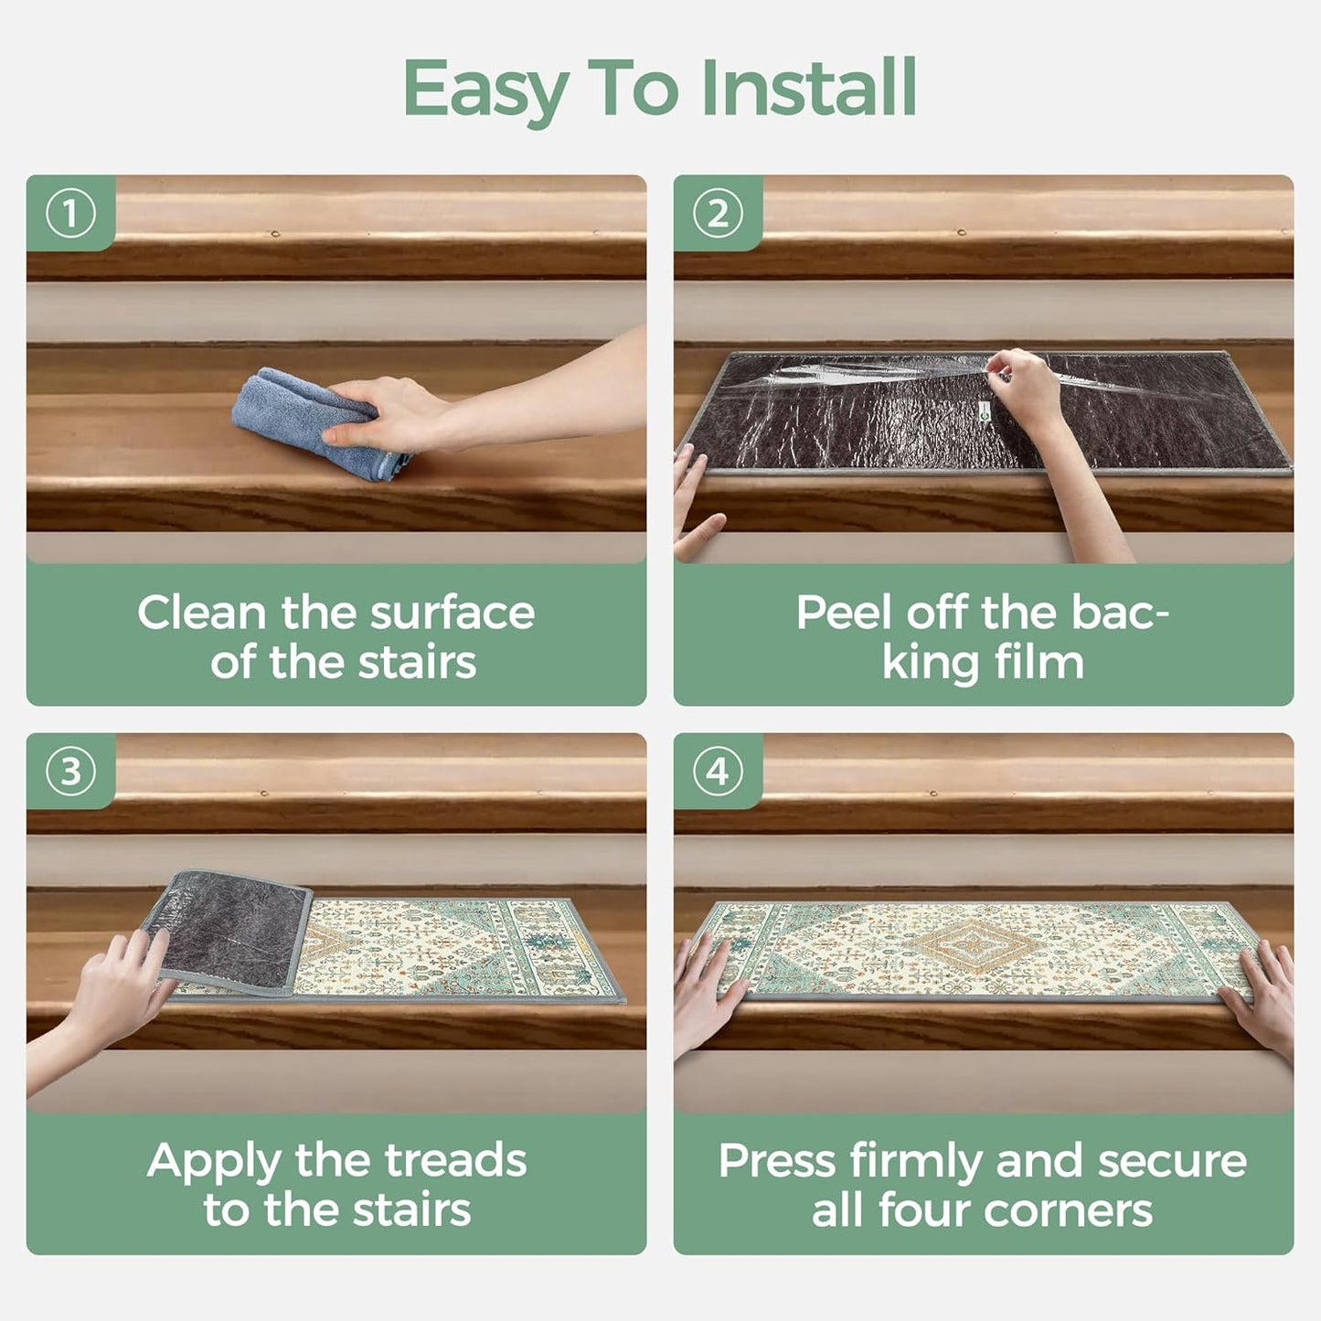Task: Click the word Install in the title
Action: (809, 88)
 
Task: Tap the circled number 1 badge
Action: (69, 215)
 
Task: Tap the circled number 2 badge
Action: (718, 215)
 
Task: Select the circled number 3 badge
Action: (69, 772)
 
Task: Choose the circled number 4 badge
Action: (718, 772)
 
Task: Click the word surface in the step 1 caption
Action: (452, 613)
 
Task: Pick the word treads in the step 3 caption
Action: (455, 1160)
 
